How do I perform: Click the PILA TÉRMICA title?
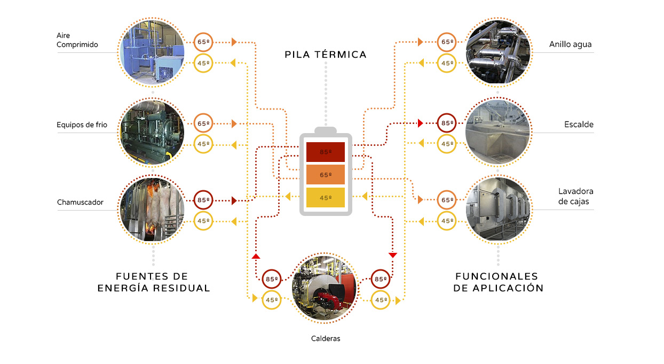[x=326, y=55]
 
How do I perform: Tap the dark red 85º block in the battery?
[x=325, y=152]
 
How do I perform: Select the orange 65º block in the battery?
[x=325, y=175]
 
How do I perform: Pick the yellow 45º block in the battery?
[x=325, y=198]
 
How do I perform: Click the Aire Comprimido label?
[x=77, y=40]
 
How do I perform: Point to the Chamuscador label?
[x=80, y=202]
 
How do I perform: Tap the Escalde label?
[x=579, y=125]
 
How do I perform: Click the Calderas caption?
[x=326, y=338]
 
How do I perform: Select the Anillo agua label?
[x=570, y=44]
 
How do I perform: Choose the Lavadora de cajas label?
[x=575, y=196]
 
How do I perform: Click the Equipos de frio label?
[x=82, y=125]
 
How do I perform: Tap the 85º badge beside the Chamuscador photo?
[x=203, y=200]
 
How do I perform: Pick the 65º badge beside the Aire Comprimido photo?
[x=203, y=42]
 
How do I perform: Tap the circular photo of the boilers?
[x=324, y=289]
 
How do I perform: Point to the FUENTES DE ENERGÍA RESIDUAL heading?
[x=154, y=282]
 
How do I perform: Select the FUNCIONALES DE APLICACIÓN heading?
[x=498, y=282]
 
